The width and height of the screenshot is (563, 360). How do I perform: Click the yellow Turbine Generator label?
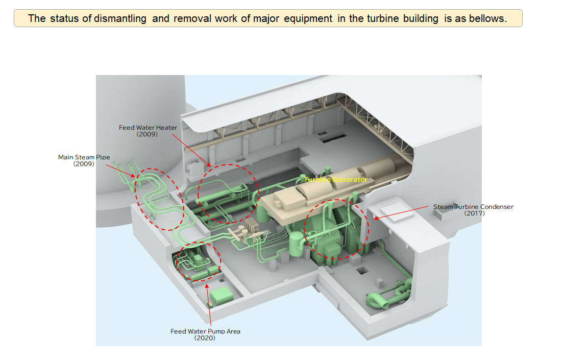coord(335,180)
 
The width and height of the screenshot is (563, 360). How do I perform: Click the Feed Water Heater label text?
coord(148,128)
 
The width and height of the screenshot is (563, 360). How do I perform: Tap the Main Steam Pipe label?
coord(84,157)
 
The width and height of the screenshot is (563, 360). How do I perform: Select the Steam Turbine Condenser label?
coord(473,207)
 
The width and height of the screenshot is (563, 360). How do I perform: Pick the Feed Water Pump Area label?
coord(205,331)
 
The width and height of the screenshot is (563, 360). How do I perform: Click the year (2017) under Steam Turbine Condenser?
coord(474,213)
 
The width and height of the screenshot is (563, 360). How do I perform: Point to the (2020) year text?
coord(205,338)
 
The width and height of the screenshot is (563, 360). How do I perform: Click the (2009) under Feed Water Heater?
coord(147,134)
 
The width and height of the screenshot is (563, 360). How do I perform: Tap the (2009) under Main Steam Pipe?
coord(84,164)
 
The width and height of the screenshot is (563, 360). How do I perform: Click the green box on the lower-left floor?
coord(221,297)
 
